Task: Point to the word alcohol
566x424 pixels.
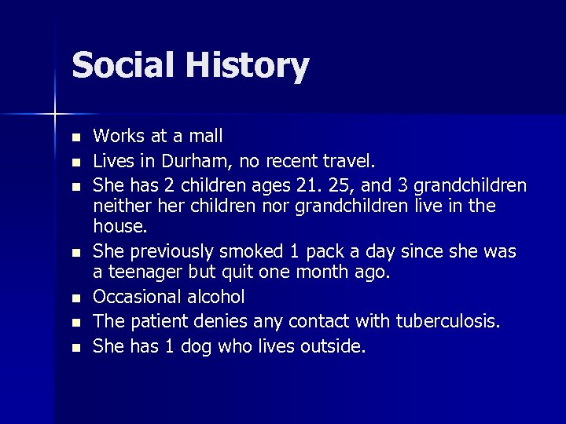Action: point(217,297)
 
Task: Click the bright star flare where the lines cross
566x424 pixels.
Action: point(55,115)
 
